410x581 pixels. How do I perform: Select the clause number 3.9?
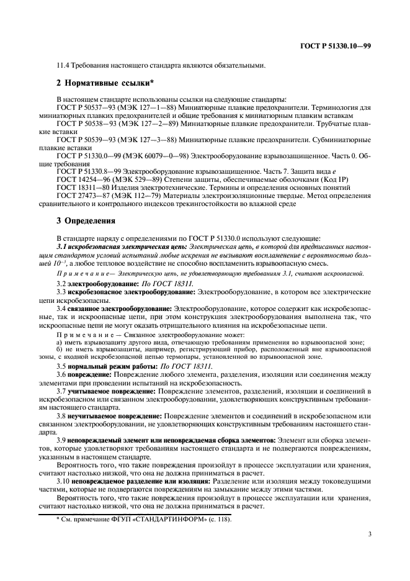[61, 440]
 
